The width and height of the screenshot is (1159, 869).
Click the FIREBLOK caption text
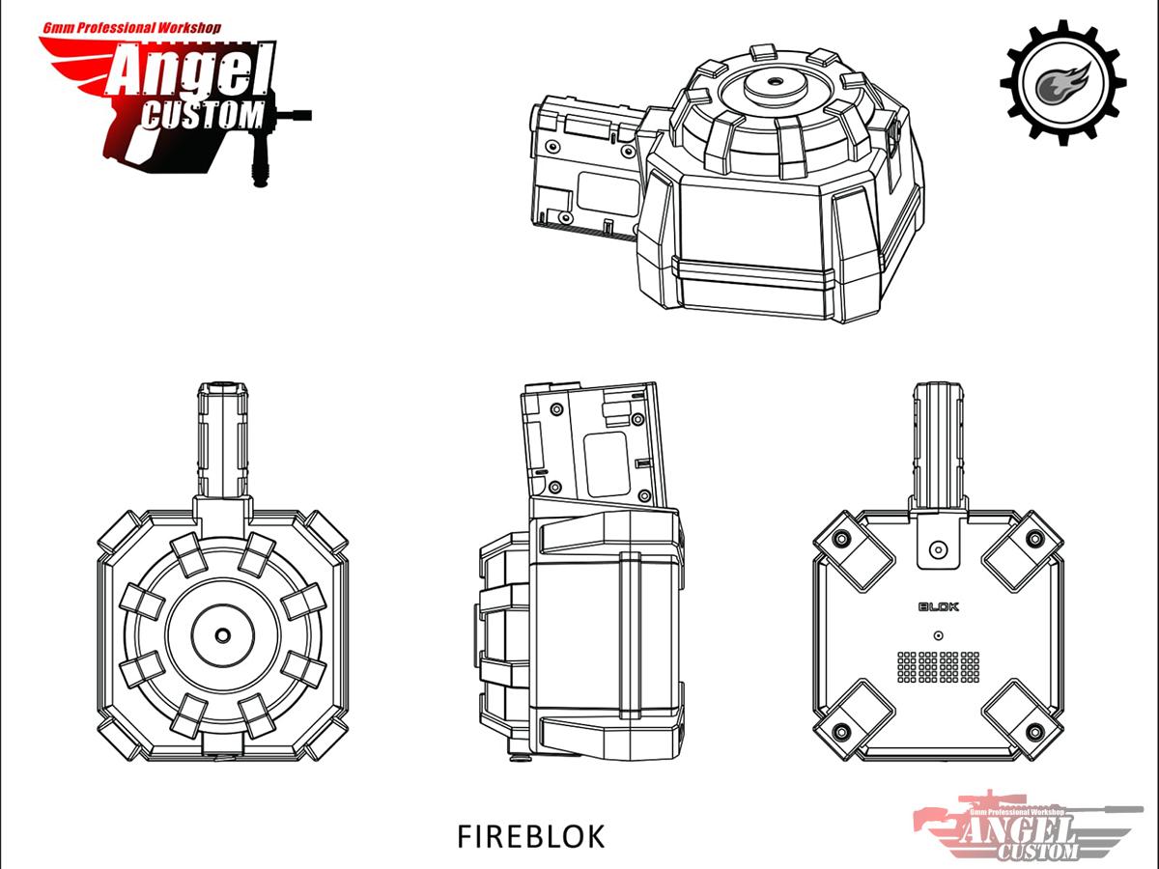pos(530,837)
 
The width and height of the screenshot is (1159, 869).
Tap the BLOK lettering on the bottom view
pos(939,606)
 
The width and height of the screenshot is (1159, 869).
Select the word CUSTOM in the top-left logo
pos(203,116)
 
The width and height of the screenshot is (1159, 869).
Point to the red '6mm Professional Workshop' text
pos(131,28)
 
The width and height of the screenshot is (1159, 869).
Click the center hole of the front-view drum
pos(223,634)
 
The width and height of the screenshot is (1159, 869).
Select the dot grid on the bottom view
pos(938,666)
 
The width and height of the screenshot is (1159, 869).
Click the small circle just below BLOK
pos(938,635)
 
